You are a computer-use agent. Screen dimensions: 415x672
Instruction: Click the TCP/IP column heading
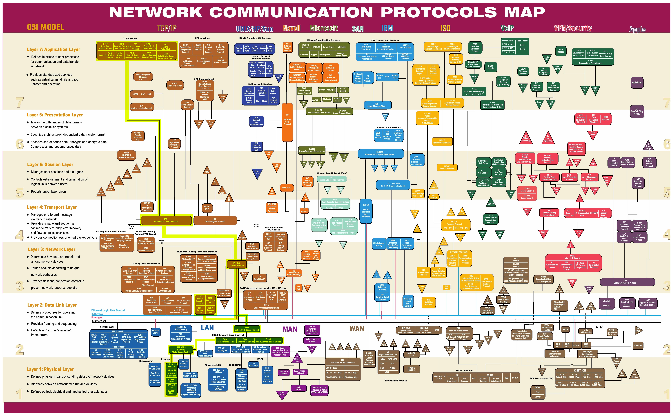click(x=167, y=28)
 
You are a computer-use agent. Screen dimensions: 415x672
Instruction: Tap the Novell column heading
click(x=292, y=28)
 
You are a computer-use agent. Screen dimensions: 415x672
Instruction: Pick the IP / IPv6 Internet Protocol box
click(x=237, y=264)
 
